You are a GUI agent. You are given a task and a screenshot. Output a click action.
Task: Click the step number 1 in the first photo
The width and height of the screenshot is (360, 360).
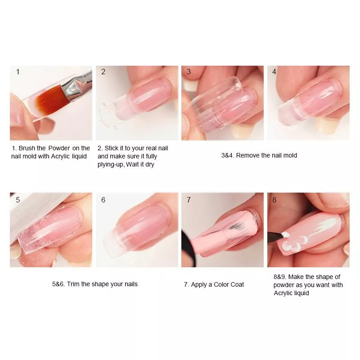(x=18, y=72)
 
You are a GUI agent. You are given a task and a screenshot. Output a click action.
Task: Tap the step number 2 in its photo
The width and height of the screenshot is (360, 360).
(x=103, y=72)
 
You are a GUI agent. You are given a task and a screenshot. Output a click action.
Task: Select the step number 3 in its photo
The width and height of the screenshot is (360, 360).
(x=189, y=72)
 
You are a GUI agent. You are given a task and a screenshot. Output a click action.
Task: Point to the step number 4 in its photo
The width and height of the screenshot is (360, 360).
(x=274, y=72)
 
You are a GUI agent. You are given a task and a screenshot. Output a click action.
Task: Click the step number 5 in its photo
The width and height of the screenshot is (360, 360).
(x=18, y=200)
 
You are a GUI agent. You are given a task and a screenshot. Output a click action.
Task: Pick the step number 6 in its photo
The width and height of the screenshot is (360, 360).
(x=103, y=200)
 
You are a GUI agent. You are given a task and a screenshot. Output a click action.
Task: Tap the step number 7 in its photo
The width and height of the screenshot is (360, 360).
(x=189, y=200)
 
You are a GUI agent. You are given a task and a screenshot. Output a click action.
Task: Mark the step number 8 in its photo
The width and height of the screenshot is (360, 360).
(x=274, y=200)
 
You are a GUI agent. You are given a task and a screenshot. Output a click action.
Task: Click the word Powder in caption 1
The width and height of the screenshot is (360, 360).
(x=59, y=148)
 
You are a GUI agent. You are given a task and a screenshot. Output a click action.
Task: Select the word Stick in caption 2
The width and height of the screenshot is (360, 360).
(x=111, y=148)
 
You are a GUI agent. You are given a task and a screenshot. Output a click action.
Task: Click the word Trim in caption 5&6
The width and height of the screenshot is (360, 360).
(x=73, y=284)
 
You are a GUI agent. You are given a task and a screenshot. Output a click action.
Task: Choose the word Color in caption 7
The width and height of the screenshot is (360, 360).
(x=221, y=284)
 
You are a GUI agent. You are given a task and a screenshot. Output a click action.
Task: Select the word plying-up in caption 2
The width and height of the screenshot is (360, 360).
(x=111, y=165)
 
